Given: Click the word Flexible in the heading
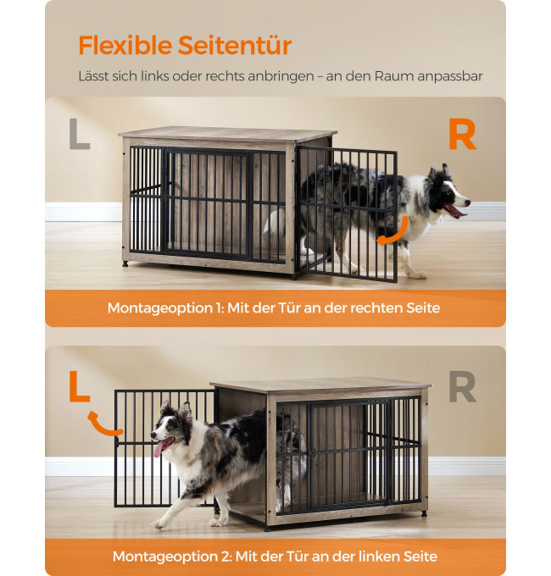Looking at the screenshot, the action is click(x=125, y=45).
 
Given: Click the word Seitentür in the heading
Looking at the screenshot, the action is click(x=235, y=45).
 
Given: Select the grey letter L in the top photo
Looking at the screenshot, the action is click(x=80, y=134).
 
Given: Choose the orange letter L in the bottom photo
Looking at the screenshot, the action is click(x=80, y=386).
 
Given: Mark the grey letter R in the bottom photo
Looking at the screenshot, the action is click(x=462, y=387).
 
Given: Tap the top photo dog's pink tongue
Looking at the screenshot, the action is click(x=456, y=211).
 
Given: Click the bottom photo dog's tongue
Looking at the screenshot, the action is click(x=160, y=446).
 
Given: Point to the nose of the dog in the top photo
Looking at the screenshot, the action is click(x=468, y=202).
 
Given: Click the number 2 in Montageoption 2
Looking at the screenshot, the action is click(x=226, y=557).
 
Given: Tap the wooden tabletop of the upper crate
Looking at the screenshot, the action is click(x=227, y=134).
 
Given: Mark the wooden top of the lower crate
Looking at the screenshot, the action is click(x=320, y=386).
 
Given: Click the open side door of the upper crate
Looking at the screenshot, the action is click(x=346, y=214).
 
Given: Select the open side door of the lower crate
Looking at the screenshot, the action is click(x=164, y=449).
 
